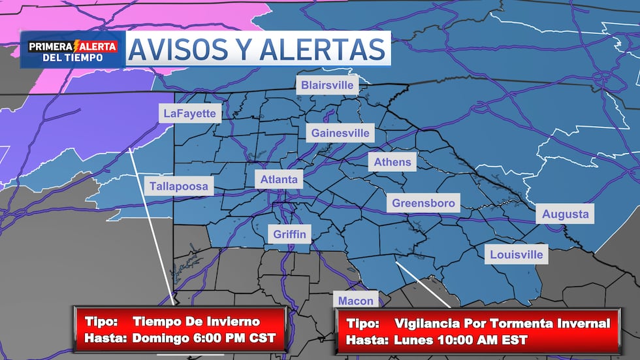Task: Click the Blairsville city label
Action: (x=327, y=85)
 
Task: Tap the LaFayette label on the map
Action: (x=189, y=113)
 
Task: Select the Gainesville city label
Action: (x=340, y=133)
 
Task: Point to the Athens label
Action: (x=392, y=162)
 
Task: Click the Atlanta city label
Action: (x=279, y=179)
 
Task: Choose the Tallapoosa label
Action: (x=179, y=186)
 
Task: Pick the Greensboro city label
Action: (x=423, y=203)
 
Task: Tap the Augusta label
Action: (x=565, y=214)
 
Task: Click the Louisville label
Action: (x=517, y=254)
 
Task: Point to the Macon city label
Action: (x=356, y=301)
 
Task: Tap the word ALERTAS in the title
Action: (x=319, y=50)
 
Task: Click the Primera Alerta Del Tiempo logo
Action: (x=72, y=51)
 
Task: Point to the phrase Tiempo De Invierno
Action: (x=196, y=321)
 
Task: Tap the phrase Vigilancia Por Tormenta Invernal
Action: (x=502, y=323)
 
